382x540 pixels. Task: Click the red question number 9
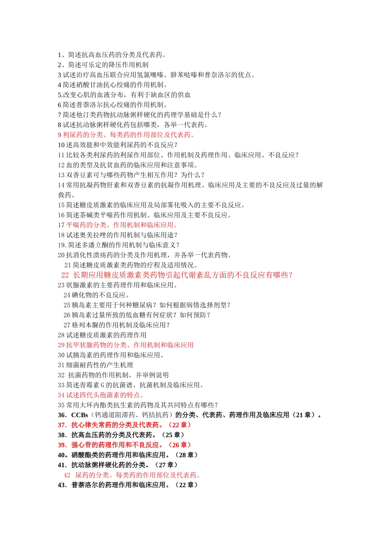(x=60, y=135)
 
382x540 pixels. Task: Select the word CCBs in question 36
(x=80, y=415)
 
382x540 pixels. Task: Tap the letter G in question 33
(x=102, y=385)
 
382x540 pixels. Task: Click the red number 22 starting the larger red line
(x=65, y=275)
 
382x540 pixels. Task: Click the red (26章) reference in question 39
(x=180, y=445)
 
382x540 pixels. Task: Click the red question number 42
(x=67, y=475)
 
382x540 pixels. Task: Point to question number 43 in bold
(x=62, y=485)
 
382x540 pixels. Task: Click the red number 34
(x=61, y=395)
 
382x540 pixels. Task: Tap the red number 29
(x=61, y=345)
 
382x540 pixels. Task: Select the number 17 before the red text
(x=61, y=225)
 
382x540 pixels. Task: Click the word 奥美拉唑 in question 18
(x=90, y=235)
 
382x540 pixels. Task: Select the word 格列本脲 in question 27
(x=86, y=325)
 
